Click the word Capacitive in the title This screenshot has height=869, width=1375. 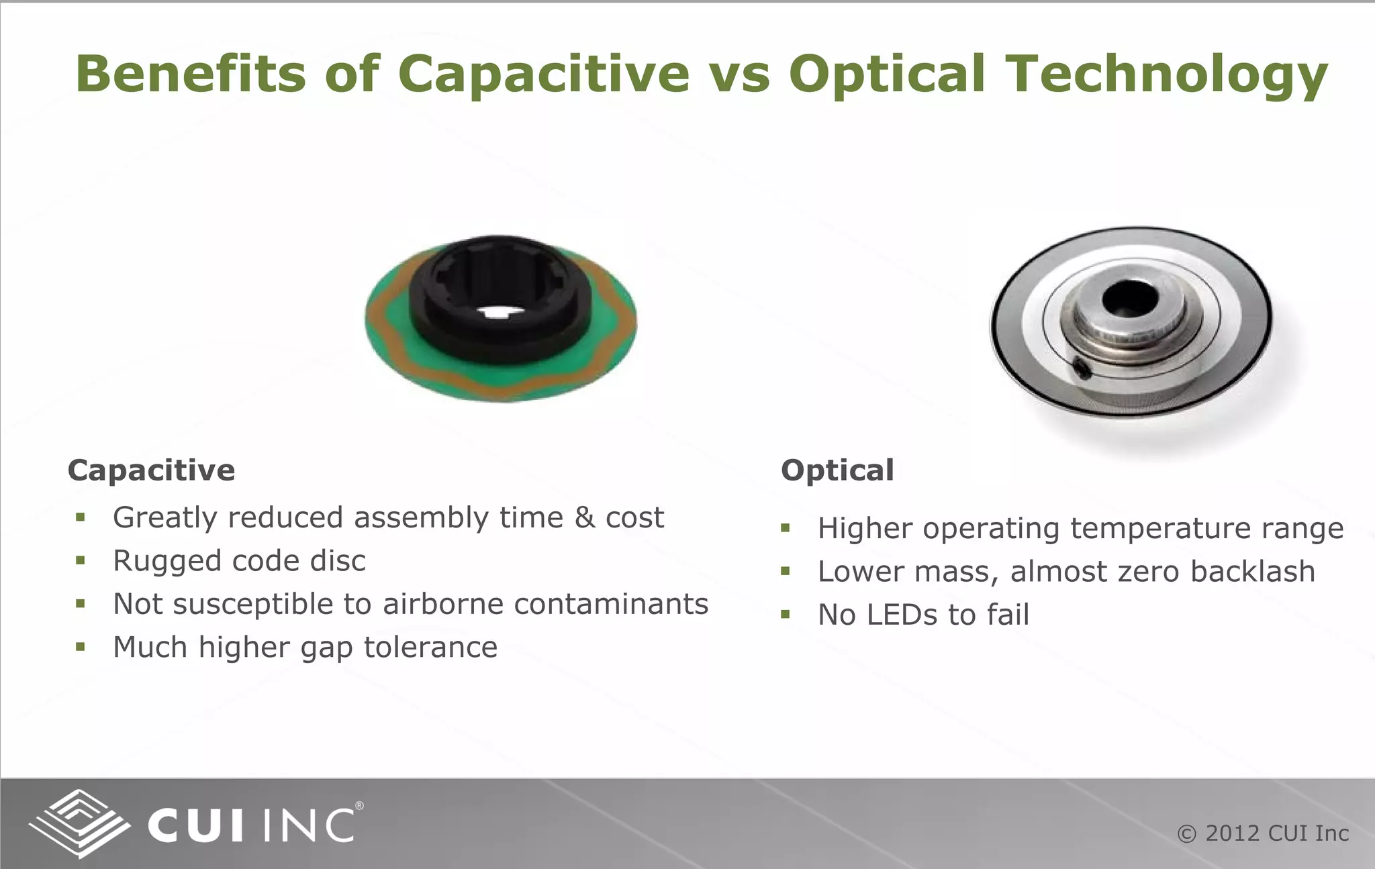[x=543, y=74]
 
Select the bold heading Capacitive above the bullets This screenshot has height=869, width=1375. [x=151, y=470]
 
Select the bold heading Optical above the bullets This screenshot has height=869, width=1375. [x=837, y=470]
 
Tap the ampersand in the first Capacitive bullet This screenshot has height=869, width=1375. [x=585, y=518]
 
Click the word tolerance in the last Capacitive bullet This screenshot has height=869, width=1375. [x=430, y=648]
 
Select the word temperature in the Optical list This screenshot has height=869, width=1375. [x=1160, y=529]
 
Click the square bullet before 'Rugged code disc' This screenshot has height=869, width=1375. [x=81, y=561]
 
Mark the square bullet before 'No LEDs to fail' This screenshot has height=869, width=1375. [x=786, y=615]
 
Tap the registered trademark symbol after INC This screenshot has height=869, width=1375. [x=359, y=806]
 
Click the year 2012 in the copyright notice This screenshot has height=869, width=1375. [x=1233, y=833]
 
